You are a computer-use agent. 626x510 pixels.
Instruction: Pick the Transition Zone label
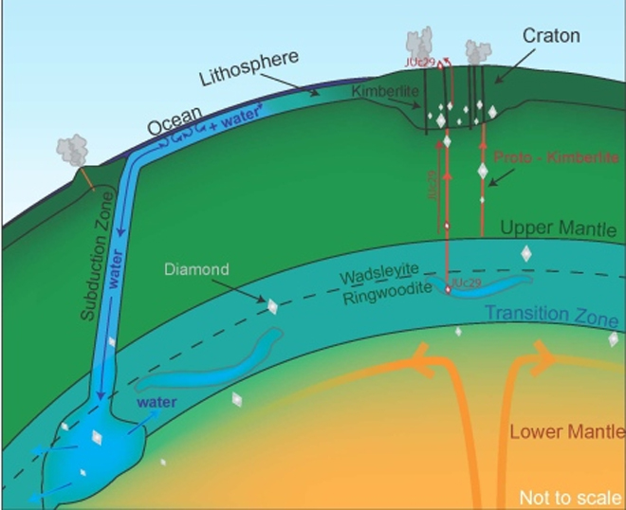click(551, 316)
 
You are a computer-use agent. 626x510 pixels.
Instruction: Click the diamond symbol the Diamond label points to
click(273, 306)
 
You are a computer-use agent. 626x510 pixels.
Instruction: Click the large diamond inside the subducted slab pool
click(96, 437)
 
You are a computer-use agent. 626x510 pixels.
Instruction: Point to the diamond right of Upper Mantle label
click(525, 253)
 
